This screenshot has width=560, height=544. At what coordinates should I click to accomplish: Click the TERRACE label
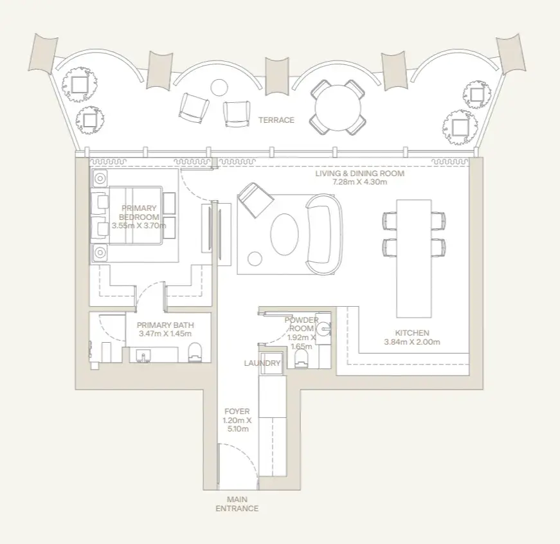[276, 120]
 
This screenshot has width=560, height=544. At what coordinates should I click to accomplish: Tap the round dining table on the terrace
[338, 107]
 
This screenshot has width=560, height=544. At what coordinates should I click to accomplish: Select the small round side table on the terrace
[219, 87]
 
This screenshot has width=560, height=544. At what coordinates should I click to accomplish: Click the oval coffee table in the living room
[284, 234]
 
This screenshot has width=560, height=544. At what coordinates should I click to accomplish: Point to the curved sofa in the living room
[324, 234]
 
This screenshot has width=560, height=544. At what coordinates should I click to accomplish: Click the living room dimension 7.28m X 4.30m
[359, 182]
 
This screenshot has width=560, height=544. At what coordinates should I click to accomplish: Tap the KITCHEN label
[412, 333]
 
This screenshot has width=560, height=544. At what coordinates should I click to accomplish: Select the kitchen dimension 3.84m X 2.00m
[412, 342]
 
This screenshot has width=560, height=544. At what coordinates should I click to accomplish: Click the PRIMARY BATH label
[165, 325]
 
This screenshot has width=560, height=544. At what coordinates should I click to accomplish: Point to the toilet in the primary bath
[195, 352]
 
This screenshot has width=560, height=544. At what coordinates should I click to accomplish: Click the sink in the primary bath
[143, 356]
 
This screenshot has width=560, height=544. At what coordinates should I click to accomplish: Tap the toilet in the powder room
[302, 358]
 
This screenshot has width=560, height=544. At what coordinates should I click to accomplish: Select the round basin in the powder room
[324, 328]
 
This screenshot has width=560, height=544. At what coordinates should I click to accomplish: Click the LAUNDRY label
[262, 363]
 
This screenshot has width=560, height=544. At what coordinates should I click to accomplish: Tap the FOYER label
[237, 412]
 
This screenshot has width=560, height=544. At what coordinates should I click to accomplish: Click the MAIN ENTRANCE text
[237, 504]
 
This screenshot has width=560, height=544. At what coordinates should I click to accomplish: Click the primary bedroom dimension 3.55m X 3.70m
[139, 226]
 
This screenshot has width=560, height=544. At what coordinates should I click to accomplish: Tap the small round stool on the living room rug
[255, 259]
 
